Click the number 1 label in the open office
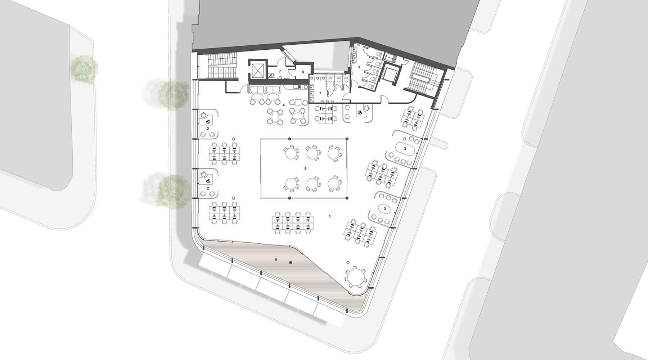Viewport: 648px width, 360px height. point(329,216)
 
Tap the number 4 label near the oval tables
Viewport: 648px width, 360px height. point(284,105)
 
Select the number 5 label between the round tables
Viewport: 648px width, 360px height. point(305,168)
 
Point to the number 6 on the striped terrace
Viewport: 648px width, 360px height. point(276,259)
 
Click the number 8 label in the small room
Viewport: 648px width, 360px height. point(303,72)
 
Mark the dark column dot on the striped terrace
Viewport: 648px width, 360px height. point(291,263)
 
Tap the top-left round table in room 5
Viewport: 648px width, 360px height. point(291,153)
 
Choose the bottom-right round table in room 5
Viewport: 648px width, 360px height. point(334,184)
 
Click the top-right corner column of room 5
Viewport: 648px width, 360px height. point(347,139)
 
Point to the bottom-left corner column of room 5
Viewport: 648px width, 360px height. point(289,198)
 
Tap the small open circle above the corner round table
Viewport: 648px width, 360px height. point(348,263)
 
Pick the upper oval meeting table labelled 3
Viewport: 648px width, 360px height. point(405,148)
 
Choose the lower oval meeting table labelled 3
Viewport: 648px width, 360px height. point(384,208)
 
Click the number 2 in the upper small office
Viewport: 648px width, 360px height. point(208,128)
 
